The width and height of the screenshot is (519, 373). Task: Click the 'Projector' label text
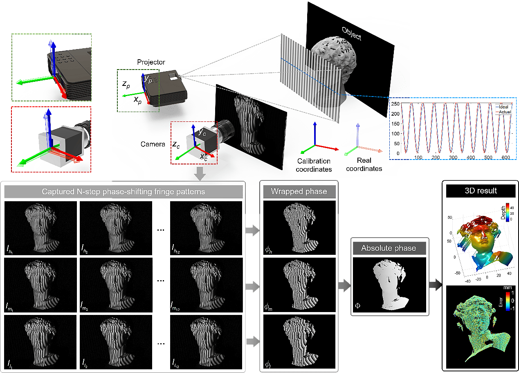pyautogui.click(x=151, y=62)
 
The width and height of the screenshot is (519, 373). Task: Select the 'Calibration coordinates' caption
pyautogui.click(x=314, y=165)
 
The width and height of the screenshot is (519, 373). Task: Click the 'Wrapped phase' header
pyautogui.click(x=299, y=191)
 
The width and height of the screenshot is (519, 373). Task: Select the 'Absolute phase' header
pyautogui.click(x=389, y=248)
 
